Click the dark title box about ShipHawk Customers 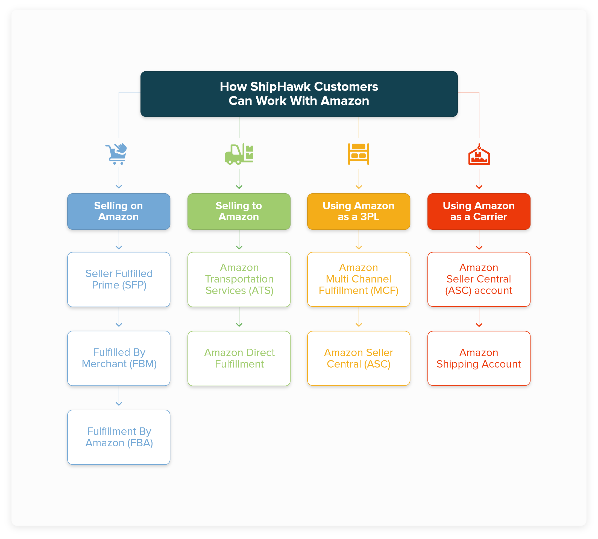(x=299, y=94)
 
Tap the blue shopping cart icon (x=116, y=154)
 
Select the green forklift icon (x=239, y=154)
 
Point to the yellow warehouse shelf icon (x=359, y=154)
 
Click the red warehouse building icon (x=479, y=155)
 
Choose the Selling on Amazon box (x=119, y=211)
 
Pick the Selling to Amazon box (x=239, y=211)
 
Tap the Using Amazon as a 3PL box (x=359, y=211)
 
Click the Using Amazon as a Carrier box (x=479, y=211)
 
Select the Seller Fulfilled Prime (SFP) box (x=119, y=279)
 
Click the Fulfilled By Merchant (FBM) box (x=119, y=358)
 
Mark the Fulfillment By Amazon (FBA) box (x=119, y=437)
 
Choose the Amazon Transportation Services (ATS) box (x=239, y=279)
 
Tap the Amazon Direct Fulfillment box (x=239, y=358)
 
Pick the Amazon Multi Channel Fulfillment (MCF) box (x=359, y=279)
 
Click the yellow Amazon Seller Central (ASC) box (x=359, y=358)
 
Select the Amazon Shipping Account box (x=479, y=358)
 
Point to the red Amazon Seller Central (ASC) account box (x=479, y=279)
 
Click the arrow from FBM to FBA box (x=119, y=397)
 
